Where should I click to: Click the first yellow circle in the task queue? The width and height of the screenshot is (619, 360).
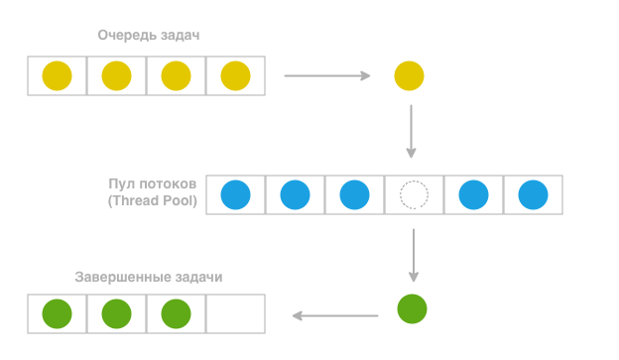click(58, 75)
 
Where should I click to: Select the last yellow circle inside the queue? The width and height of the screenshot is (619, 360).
click(235, 75)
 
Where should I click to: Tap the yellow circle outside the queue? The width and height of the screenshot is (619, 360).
click(409, 75)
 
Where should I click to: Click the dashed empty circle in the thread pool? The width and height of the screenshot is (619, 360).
click(414, 194)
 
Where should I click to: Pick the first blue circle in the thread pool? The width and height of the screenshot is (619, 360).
click(235, 194)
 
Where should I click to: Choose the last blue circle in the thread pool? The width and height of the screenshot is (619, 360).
click(533, 194)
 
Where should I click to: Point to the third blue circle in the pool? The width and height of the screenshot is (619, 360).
click(354, 194)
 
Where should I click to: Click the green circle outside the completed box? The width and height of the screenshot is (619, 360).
click(412, 308)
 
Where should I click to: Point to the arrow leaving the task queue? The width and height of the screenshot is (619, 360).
click(326, 75)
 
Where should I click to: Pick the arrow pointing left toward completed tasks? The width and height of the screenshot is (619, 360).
click(334, 316)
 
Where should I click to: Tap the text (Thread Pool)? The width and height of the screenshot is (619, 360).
click(151, 201)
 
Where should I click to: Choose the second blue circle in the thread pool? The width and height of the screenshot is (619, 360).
click(295, 194)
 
